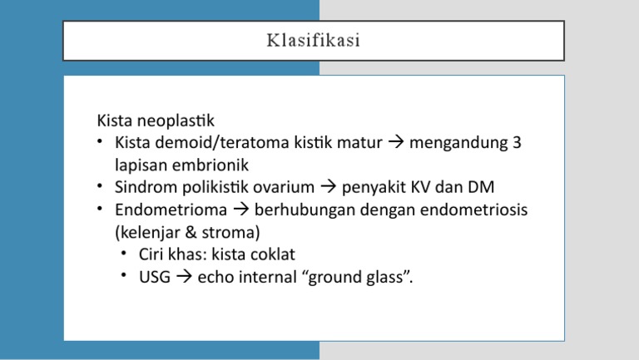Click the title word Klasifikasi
coord(314,41)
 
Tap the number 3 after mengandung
coord(517,142)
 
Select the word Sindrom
coord(143,187)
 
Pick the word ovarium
coord(285,187)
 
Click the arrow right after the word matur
coord(395,142)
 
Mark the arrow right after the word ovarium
coord(328,187)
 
